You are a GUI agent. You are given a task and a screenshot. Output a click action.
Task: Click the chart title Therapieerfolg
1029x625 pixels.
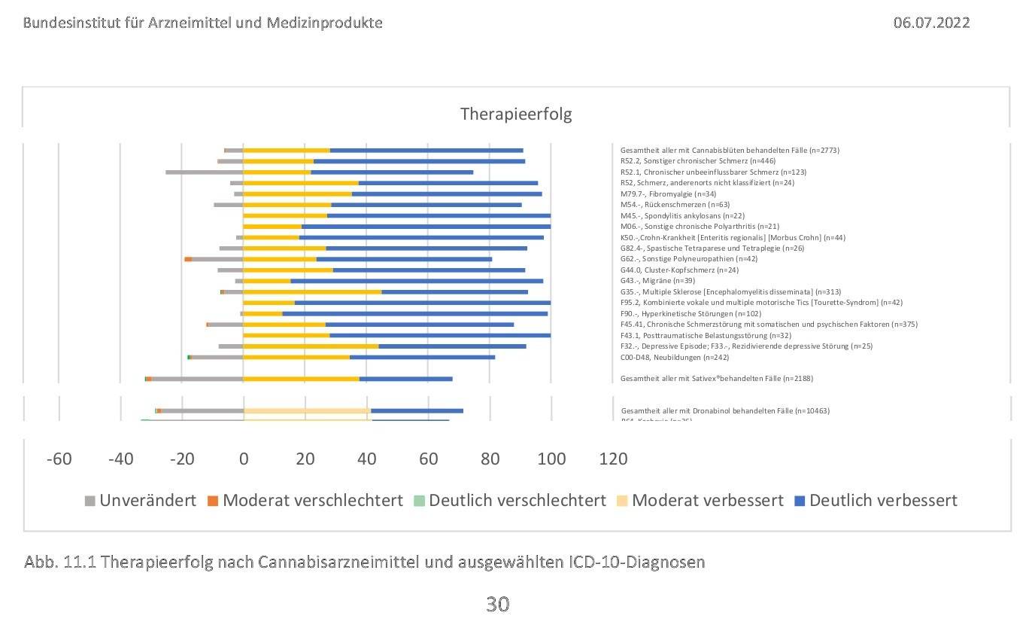click(x=515, y=114)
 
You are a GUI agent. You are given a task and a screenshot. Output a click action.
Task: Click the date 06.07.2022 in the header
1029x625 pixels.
click(x=931, y=23)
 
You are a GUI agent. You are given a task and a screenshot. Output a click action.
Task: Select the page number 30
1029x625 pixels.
click(x=497, y=603)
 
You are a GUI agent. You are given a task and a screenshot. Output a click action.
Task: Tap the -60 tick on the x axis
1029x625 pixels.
click(x=59, y=459)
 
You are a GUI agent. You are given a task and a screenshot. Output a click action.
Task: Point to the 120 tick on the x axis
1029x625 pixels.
click(x=612, y=459)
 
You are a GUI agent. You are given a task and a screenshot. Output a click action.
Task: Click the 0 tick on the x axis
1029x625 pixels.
click(x=243, y=459)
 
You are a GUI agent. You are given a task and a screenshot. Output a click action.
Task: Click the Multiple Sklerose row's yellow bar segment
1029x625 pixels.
click(x=312, y=291)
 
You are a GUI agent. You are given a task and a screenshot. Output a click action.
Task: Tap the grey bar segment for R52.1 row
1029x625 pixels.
click(x=204, y=172)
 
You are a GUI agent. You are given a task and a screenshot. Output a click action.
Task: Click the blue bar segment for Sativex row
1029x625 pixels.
click(x=405, y=378)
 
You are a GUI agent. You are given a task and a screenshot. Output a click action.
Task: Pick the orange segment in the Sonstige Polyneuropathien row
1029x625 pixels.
click(x=188, y=259)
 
